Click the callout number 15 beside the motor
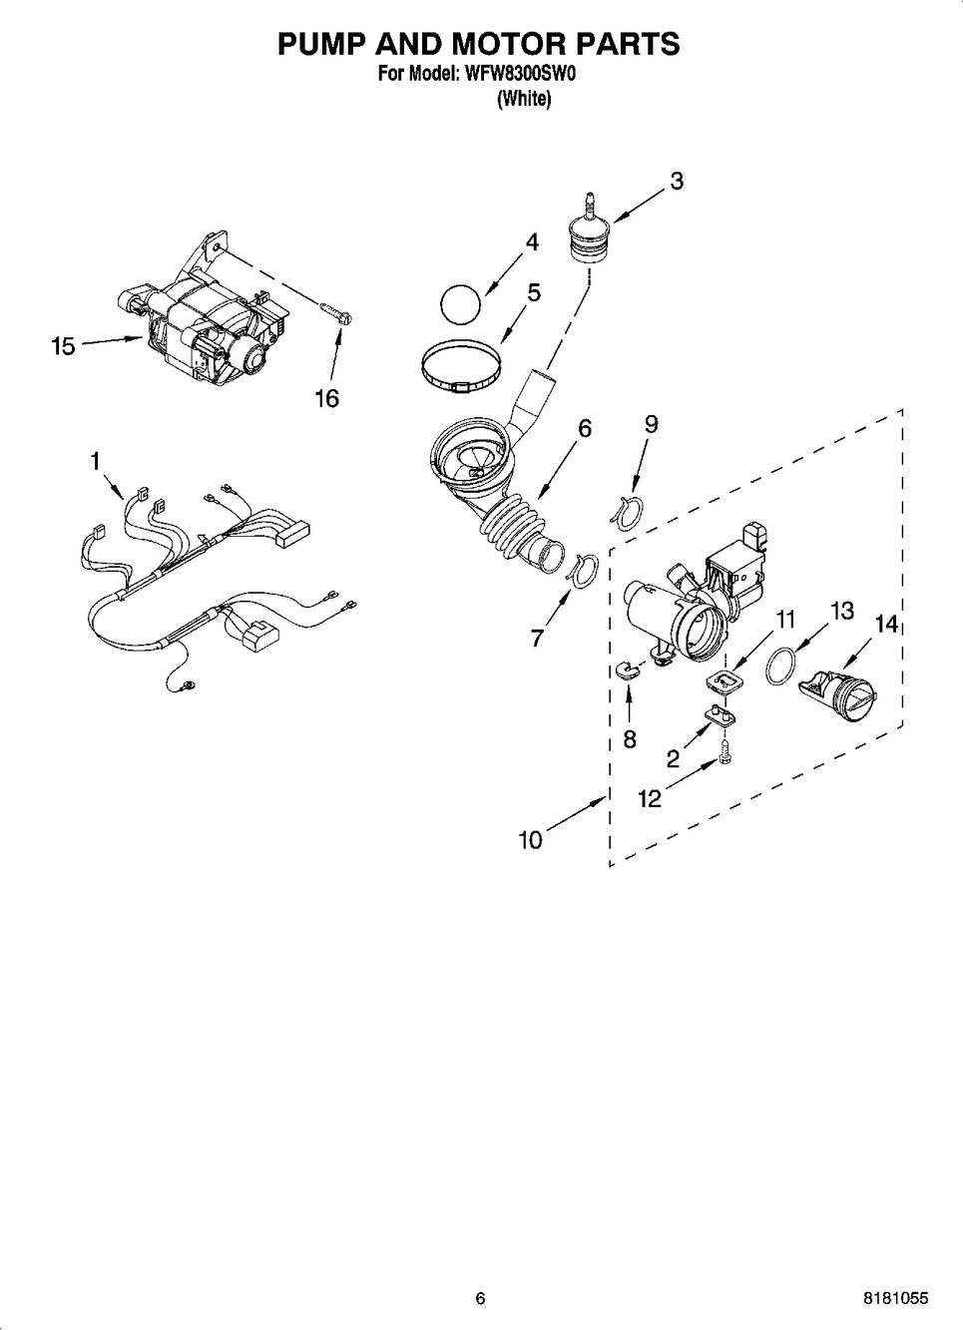[64, 346]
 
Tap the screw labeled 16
[336, 313]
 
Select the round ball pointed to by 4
[460, 305]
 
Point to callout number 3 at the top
[677, 181]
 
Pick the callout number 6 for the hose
[585, 428]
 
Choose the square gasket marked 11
[722, 681]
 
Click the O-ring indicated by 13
[780, 666]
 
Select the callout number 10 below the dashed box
[531, 840]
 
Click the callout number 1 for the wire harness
[95, 461]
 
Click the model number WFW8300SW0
[514, 75]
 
